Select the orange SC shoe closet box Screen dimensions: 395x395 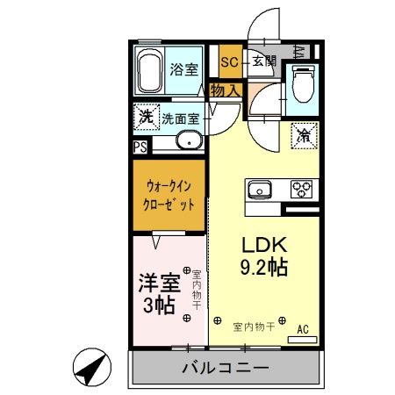click(x=230, y=61)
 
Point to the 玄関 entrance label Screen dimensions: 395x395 click(x=264, y=61)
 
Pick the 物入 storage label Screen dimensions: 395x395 click(x=225, y=90)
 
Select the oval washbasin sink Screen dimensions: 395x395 click(x=187, y=141)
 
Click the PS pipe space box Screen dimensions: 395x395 click(x=140, y=147)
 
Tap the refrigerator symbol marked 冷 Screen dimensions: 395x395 click(x=305, y=134)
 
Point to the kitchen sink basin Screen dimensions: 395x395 click(x=259, y=189)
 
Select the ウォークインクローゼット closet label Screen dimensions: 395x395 click(x=169, y=194)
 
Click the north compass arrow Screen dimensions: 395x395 click(x=92, y=368)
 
